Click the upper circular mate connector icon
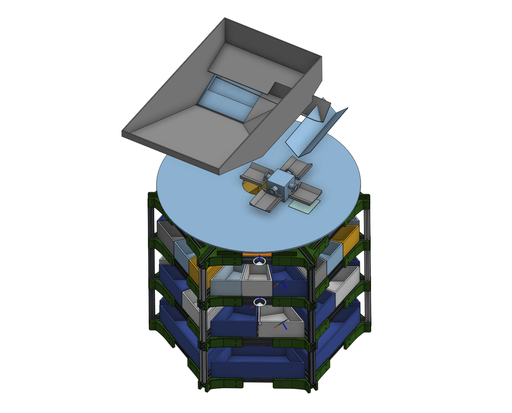pos(260,261)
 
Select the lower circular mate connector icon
pos(260,303)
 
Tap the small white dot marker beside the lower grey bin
pos(260,323)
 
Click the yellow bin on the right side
pos(346,238)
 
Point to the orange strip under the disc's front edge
pos(257,254)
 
